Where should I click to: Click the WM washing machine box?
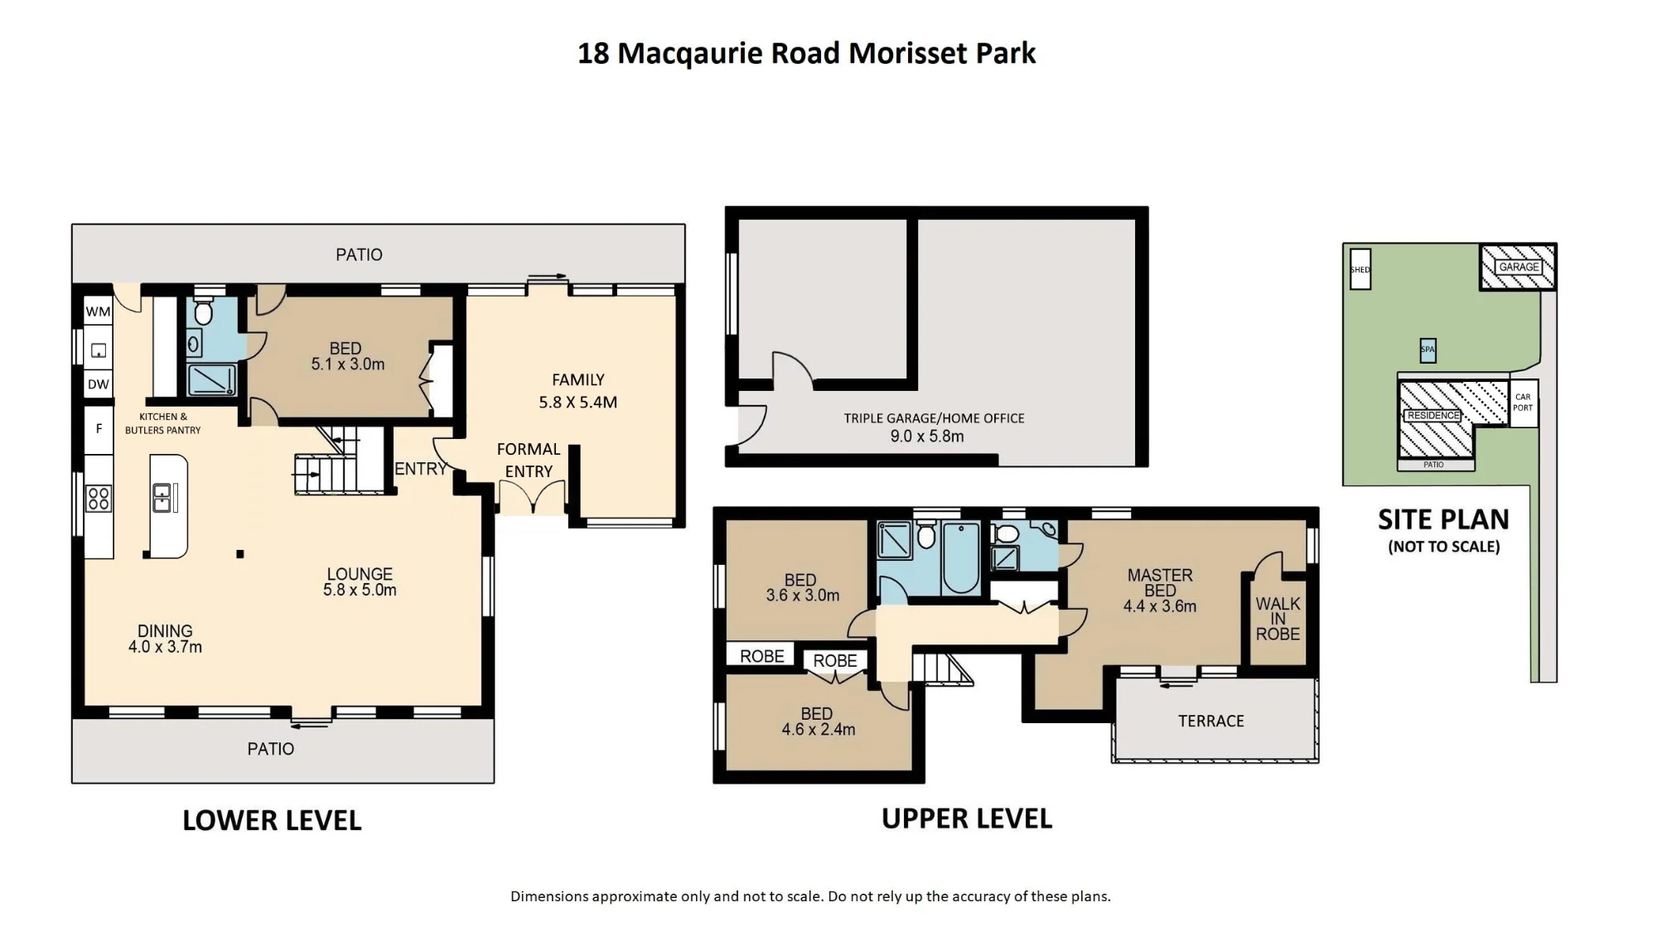tap(98, 311)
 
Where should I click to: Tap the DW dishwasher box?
tap(98, 384)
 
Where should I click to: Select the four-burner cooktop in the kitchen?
tap(99, 499)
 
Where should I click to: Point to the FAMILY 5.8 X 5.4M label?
tap(578, 391)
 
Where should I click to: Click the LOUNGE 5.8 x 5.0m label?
tap(360, 581)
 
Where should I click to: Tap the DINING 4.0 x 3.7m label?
tap(165, 639)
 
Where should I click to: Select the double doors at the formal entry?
tap(532, 498)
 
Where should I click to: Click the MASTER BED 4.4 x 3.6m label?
tap(1160, 590)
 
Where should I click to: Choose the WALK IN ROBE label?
tap(1278, 619)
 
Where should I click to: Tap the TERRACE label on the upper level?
tap(1211, 721)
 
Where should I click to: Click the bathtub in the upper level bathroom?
tap(960, 557)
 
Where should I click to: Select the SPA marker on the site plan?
tap(1428, 350)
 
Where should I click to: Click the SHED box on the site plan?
tap(1360, 269)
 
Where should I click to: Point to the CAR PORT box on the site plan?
tap(1523, 403)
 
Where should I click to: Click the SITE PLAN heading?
tap(1443, 519)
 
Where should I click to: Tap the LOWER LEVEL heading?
tap(272, 820)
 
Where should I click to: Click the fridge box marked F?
tap(99, 429)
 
